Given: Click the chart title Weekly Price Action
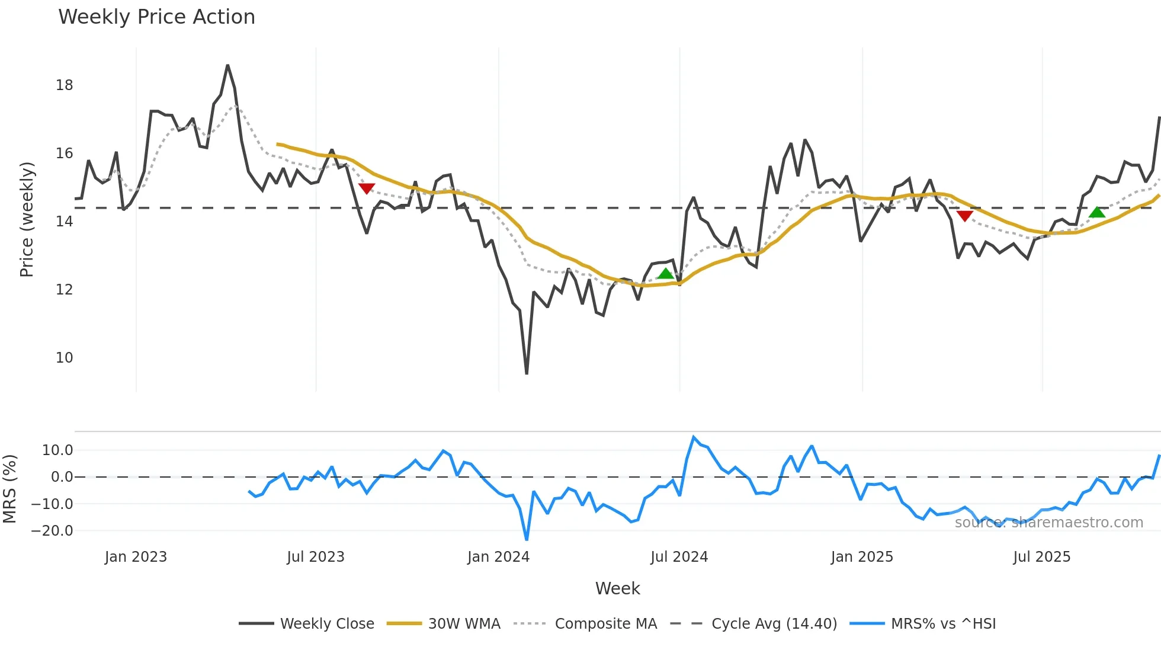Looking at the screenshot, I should pos(156,17).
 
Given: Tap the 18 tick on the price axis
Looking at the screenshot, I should pos(65,85).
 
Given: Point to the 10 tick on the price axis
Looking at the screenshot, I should pos(65,358).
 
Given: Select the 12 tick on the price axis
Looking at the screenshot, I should pos(65,290).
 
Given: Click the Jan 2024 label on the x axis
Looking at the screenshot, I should pos(498,557).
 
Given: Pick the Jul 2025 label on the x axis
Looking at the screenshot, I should pos(1041,557).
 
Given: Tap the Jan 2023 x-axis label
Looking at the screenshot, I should pos(136,557).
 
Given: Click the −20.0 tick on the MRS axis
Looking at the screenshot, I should pos(52,531).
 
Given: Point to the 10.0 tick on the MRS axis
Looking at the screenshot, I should pos(57,450).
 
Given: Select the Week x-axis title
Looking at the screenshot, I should pos(617,588).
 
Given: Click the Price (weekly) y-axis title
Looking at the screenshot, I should pos(27,219).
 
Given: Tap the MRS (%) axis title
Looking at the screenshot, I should pos(9,489).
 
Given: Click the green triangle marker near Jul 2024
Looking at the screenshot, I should pos(666,273).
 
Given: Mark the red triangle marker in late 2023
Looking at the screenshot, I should pos(367,188).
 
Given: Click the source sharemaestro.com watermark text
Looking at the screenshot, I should pos(1048,523).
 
